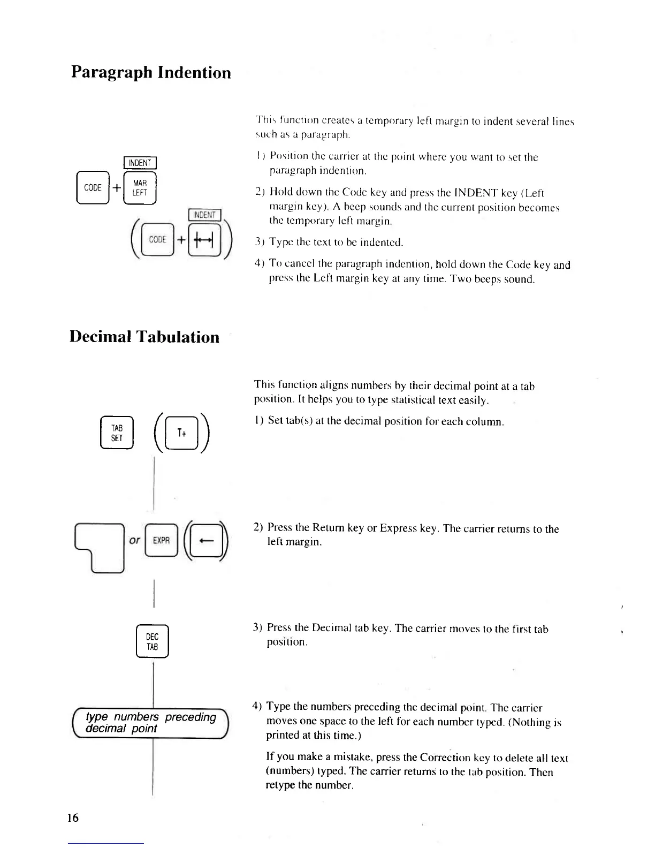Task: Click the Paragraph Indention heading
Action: click(x=151, y=72)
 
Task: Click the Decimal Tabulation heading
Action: click(x=144, y=337)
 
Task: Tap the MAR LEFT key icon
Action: click(x=140, y=188)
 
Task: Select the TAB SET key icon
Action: click(x=117, y=433)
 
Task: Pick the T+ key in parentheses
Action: click(x=182, y=433)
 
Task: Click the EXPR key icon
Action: click(x=161, y=540)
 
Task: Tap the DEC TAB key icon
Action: click(x=153, y=641)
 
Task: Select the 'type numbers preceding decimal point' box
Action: click(x=150, y=723)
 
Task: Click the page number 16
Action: click(x=73, y=817)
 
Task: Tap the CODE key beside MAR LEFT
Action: click(x=93, y=188)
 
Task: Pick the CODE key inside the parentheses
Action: click(x=157, y=240)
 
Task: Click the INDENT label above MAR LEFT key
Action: click(x=140, y=163)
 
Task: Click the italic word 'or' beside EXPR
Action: click(x=135, y=540)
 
